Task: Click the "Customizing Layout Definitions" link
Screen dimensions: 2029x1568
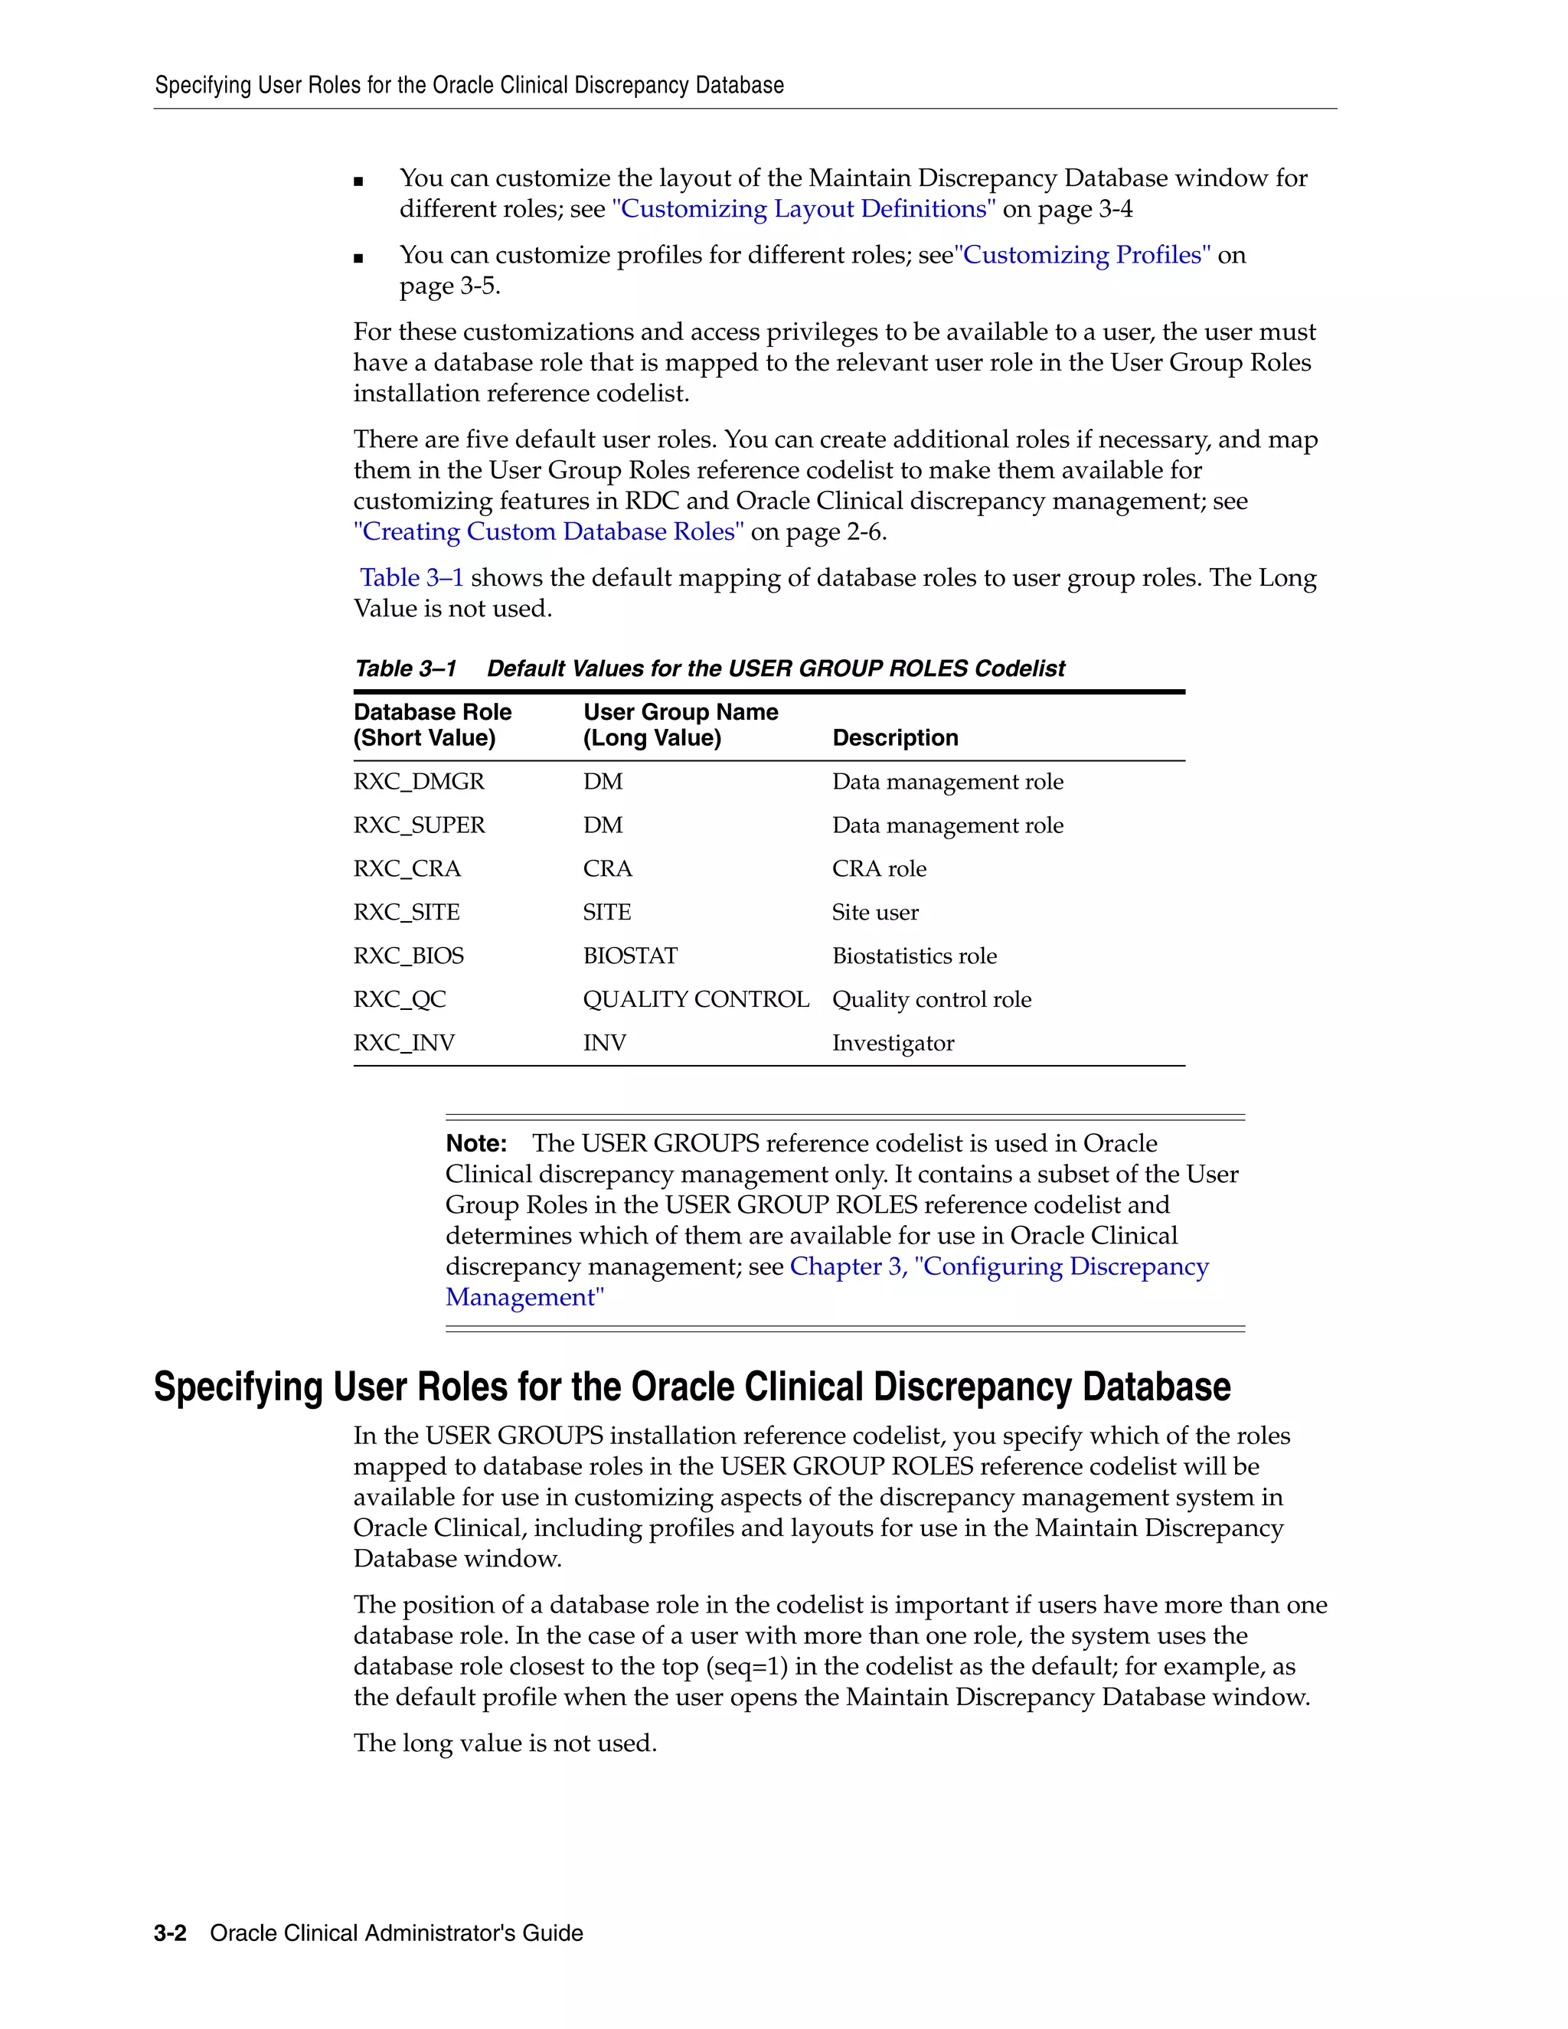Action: point(803,209)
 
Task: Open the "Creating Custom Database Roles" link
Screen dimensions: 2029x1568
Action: point(549,532)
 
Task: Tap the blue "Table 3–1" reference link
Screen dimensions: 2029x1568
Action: point(411,579)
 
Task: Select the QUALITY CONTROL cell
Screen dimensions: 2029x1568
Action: point(696,1000)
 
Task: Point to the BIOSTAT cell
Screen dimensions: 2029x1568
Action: point(630,956)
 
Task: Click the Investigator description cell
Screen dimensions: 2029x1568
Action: point(893,1044)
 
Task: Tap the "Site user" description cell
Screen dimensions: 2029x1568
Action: point(875,913)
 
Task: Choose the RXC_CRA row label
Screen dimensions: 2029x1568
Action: point(407,870)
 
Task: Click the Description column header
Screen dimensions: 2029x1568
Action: point(894,739)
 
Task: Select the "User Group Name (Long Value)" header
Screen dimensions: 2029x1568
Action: point(680,726)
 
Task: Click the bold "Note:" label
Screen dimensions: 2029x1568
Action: point(476,1144)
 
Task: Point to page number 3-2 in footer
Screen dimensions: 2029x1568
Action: point(170,1933)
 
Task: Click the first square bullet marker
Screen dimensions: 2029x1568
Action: point(358,182)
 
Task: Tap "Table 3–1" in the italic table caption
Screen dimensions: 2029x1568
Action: point(406,669)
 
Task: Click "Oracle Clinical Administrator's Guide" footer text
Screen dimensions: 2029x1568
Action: point(397,1933)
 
